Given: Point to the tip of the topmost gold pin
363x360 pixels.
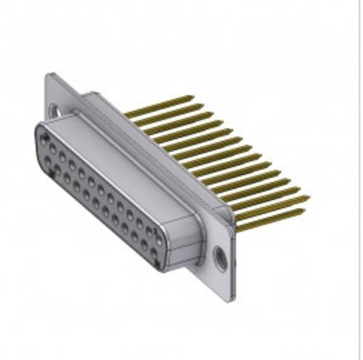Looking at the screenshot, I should [x=193, y=97].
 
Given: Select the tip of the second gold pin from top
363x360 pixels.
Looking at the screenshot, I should [x=203, y=105].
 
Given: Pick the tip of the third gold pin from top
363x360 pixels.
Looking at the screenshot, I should [x=212, y=114].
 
